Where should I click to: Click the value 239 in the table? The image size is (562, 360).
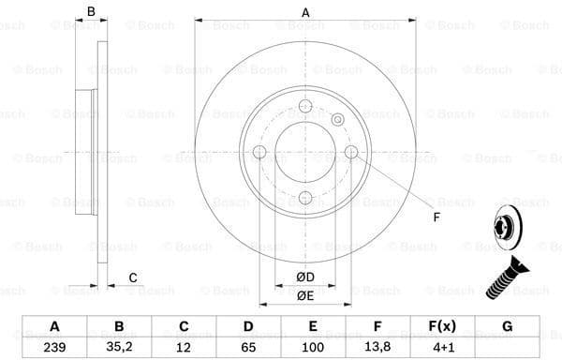coord(54,344)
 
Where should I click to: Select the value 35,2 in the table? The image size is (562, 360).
coord(119,344)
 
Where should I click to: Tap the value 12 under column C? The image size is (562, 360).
coord(184,344)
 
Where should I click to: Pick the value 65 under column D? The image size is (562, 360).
coord(248,344)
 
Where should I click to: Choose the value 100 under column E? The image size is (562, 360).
coord(313,344)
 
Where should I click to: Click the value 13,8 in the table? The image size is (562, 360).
coord(377,344)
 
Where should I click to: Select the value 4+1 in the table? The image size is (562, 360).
coord(442,344)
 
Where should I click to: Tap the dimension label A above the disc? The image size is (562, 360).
coord(305,12)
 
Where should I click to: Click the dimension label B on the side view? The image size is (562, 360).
coord(91,12)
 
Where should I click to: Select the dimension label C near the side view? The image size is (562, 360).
coord(133,277)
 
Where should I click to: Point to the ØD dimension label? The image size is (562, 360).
coord(304,277)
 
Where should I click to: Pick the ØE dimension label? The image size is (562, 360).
coord(304,295)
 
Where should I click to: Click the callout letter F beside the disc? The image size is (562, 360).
coord(436,218)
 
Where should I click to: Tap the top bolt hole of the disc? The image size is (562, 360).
coord(305,107)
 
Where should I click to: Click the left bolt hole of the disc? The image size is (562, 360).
coord(260,152)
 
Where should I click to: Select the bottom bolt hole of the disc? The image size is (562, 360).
coord(305,197)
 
